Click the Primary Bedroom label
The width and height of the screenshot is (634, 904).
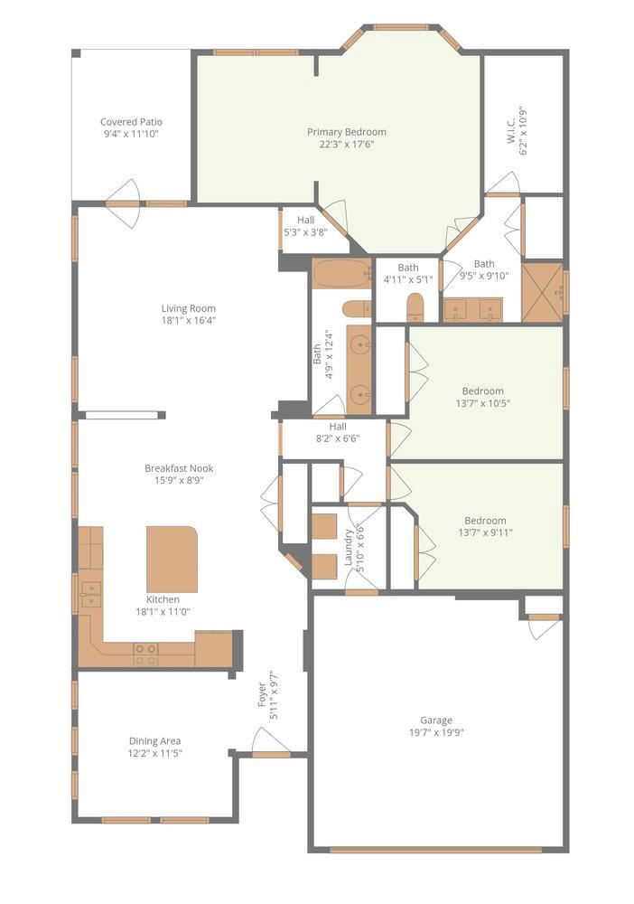pos(347,132)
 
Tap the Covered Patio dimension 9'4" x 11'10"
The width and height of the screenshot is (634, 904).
pos(131,134)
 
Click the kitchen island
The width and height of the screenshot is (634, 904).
pos(172,558)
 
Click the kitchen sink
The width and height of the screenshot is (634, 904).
pos(89,592)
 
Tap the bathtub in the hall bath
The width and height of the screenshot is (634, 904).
pos(341,272)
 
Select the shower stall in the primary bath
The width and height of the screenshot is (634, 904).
pos(542,291)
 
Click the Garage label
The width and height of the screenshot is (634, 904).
pos(436,720)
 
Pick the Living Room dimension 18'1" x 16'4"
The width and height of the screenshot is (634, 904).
pos(188,320)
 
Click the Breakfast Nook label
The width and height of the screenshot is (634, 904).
pos(179,468)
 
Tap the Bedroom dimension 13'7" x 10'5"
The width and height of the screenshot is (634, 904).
pos(483,403)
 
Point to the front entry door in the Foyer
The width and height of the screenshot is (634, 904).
pos(271,747)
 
